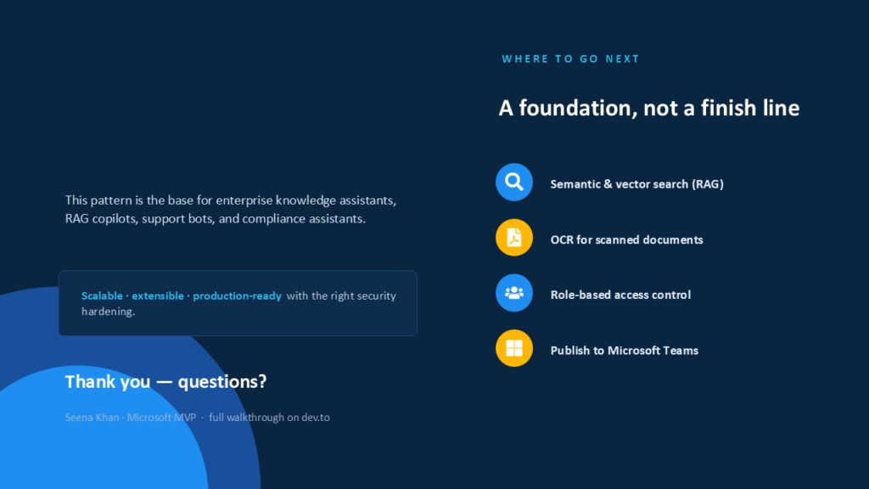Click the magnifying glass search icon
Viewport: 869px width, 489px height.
point(513,182)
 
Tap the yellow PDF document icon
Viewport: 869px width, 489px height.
point(513,238)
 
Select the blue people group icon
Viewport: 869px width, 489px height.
point(513,293)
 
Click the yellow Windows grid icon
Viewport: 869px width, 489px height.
point(513,348)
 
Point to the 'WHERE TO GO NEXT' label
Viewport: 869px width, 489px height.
point(571,59)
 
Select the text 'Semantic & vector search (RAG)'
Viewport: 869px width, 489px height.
point(636,184)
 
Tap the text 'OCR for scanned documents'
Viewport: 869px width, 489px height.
point(626,239)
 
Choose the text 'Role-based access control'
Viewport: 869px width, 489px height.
point(620,295)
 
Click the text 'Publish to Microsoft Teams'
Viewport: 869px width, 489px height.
point(624,351)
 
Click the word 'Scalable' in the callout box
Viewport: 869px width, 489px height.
point(102,295)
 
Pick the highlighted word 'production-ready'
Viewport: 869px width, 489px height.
point(238,296)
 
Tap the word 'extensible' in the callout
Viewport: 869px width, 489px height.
point(157,295)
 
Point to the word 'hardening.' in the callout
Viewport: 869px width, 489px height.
point(108,311)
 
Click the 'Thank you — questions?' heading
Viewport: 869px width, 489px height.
point(165,381)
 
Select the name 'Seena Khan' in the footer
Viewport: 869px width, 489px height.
point(92,418)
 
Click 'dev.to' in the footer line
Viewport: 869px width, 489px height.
point(316,418)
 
